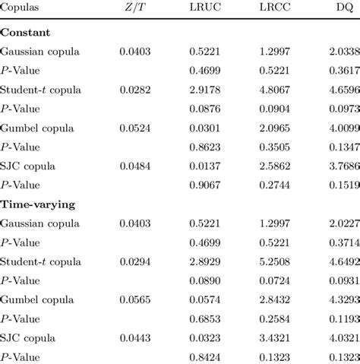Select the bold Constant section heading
point(26,33)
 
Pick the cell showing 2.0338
point(343,52)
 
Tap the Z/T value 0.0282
point(135,90)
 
